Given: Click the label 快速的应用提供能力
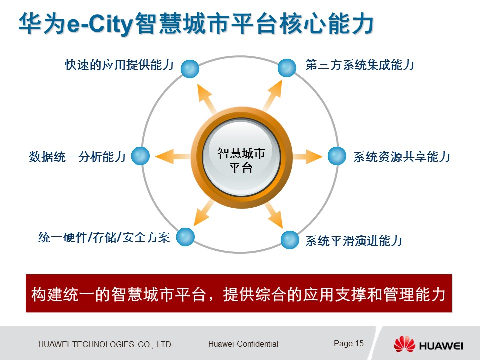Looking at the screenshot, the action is tap(119, 65).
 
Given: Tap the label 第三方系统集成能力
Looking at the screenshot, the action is tap(360, 65).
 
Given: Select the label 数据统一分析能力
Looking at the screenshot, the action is tap(77, 156).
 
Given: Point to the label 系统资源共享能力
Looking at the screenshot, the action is tap(402, 156).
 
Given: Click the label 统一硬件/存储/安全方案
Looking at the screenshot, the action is tap(104, 237).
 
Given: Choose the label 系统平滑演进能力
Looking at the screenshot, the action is tap(354, 241).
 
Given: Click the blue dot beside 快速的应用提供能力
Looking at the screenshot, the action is tap(190, 69).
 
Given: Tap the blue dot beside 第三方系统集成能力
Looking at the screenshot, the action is tap(287, 68).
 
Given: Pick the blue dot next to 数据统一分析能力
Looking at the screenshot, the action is tap(140, 156).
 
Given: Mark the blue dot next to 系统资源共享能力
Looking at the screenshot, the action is tap(337, 156).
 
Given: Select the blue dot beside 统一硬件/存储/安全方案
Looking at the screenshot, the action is tap(185, 237).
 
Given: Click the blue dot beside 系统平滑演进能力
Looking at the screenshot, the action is tap(290, 240).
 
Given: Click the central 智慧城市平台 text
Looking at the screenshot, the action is tap(241, 160).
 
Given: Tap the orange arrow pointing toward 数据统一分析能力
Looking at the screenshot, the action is tap(173, 156).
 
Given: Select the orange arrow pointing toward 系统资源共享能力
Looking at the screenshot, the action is tap(307, 156).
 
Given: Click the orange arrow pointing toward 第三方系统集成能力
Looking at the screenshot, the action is tap(273, 96).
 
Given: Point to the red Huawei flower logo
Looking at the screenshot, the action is tap(404, 344).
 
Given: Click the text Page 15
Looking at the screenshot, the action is tap(349, 344).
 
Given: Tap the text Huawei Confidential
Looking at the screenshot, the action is tap(243, 344).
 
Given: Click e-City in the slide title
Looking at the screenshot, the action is tap(100, 24).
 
